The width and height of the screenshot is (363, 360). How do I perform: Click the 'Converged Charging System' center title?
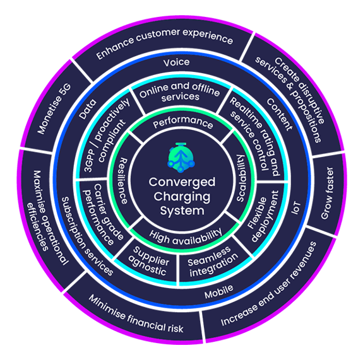click(182, 196)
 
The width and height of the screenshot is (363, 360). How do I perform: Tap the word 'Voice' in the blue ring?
click(176, 62)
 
